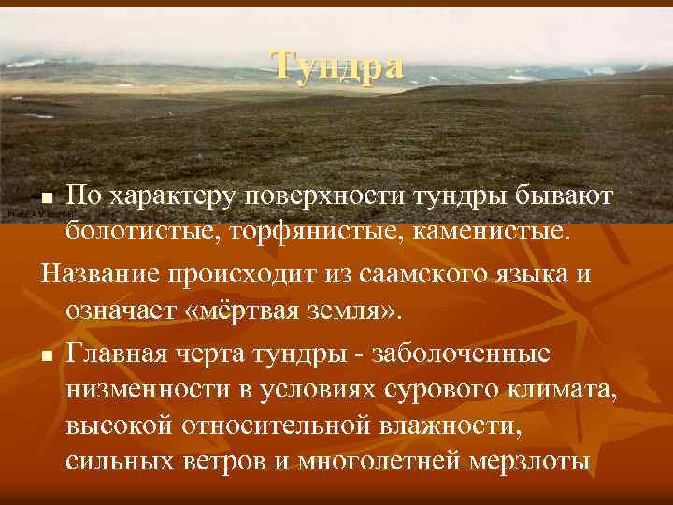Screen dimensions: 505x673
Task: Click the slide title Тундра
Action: tap(338, 65)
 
